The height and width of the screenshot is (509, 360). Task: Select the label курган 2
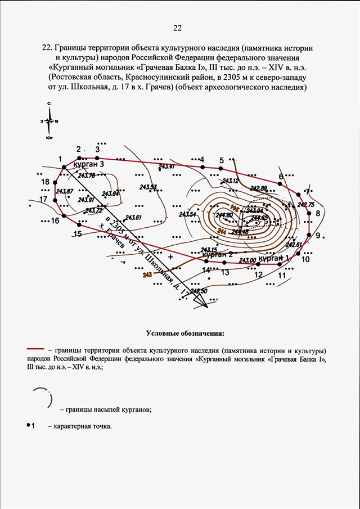coord(218,255)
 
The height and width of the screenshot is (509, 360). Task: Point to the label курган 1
coord(274,258)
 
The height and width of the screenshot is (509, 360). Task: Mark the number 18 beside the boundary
coord(46,182)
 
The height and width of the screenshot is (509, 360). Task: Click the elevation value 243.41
coord(166,167)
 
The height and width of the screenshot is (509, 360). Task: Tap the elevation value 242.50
coord(199,291)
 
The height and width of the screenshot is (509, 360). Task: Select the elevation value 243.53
coord(148,187)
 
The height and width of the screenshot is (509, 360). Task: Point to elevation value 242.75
coord(306,205)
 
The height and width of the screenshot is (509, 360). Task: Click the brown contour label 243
coord(148,275)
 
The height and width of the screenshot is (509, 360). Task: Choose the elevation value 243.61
coord(133,218)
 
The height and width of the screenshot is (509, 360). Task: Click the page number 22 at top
coord(178,28)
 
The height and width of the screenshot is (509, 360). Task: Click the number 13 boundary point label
coord(225,273)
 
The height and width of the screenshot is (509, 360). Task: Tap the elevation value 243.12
coord(230,181)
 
